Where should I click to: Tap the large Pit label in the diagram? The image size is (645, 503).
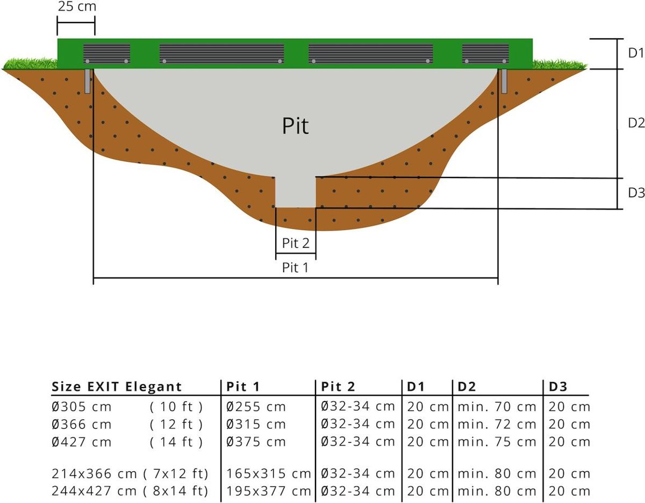296,126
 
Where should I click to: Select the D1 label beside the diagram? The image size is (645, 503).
636,53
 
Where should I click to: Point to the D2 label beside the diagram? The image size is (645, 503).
636,123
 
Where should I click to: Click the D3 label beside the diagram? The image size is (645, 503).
636,193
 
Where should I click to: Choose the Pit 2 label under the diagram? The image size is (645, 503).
296,243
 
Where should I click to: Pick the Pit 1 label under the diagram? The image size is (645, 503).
296,268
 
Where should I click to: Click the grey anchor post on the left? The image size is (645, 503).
88,81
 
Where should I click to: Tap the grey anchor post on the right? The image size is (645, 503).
504,81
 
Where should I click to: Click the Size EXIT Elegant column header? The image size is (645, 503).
117,387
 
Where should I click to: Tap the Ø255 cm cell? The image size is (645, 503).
256,407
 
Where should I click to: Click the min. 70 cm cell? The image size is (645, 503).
497,407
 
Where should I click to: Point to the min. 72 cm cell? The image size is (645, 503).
497,425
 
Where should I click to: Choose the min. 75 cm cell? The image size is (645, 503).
497,442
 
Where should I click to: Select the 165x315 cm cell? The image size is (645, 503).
268,474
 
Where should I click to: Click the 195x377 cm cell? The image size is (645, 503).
268,491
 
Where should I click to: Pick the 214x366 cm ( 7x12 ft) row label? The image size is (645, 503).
130,474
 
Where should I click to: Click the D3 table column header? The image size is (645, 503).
558,387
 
